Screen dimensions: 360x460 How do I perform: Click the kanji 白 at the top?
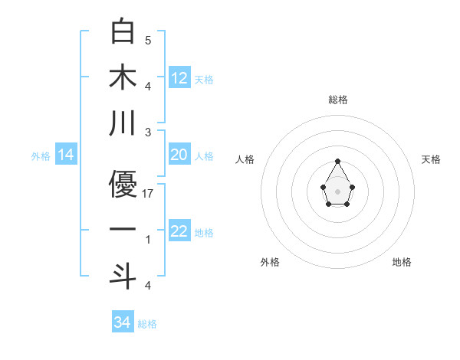[123, 32]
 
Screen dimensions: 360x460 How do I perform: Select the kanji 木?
[123, 77]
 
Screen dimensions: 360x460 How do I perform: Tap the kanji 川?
[123, 123]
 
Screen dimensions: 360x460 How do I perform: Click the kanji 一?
[123, 230]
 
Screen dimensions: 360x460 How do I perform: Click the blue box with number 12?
[179, 78]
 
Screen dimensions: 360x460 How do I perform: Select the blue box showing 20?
[179, 155]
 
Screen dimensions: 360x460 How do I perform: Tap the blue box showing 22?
[179, 232]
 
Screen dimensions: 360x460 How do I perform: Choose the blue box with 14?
[66, 155]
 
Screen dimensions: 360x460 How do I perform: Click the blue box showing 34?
[123, 322]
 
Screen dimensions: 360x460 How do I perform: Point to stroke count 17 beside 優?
[148, 195]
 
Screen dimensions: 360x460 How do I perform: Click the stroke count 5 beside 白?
[148, 40]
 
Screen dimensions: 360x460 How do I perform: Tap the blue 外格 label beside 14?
[41, 156]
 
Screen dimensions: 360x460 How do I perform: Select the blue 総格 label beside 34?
[147, 324]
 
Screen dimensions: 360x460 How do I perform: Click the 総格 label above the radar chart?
[337, 100]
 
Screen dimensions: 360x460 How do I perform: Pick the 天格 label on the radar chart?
[431, 159]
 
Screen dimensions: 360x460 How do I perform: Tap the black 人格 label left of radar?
[245, 159]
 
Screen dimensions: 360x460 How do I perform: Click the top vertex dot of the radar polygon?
[337, 161]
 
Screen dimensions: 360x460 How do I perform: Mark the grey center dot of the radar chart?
[337, 191]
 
